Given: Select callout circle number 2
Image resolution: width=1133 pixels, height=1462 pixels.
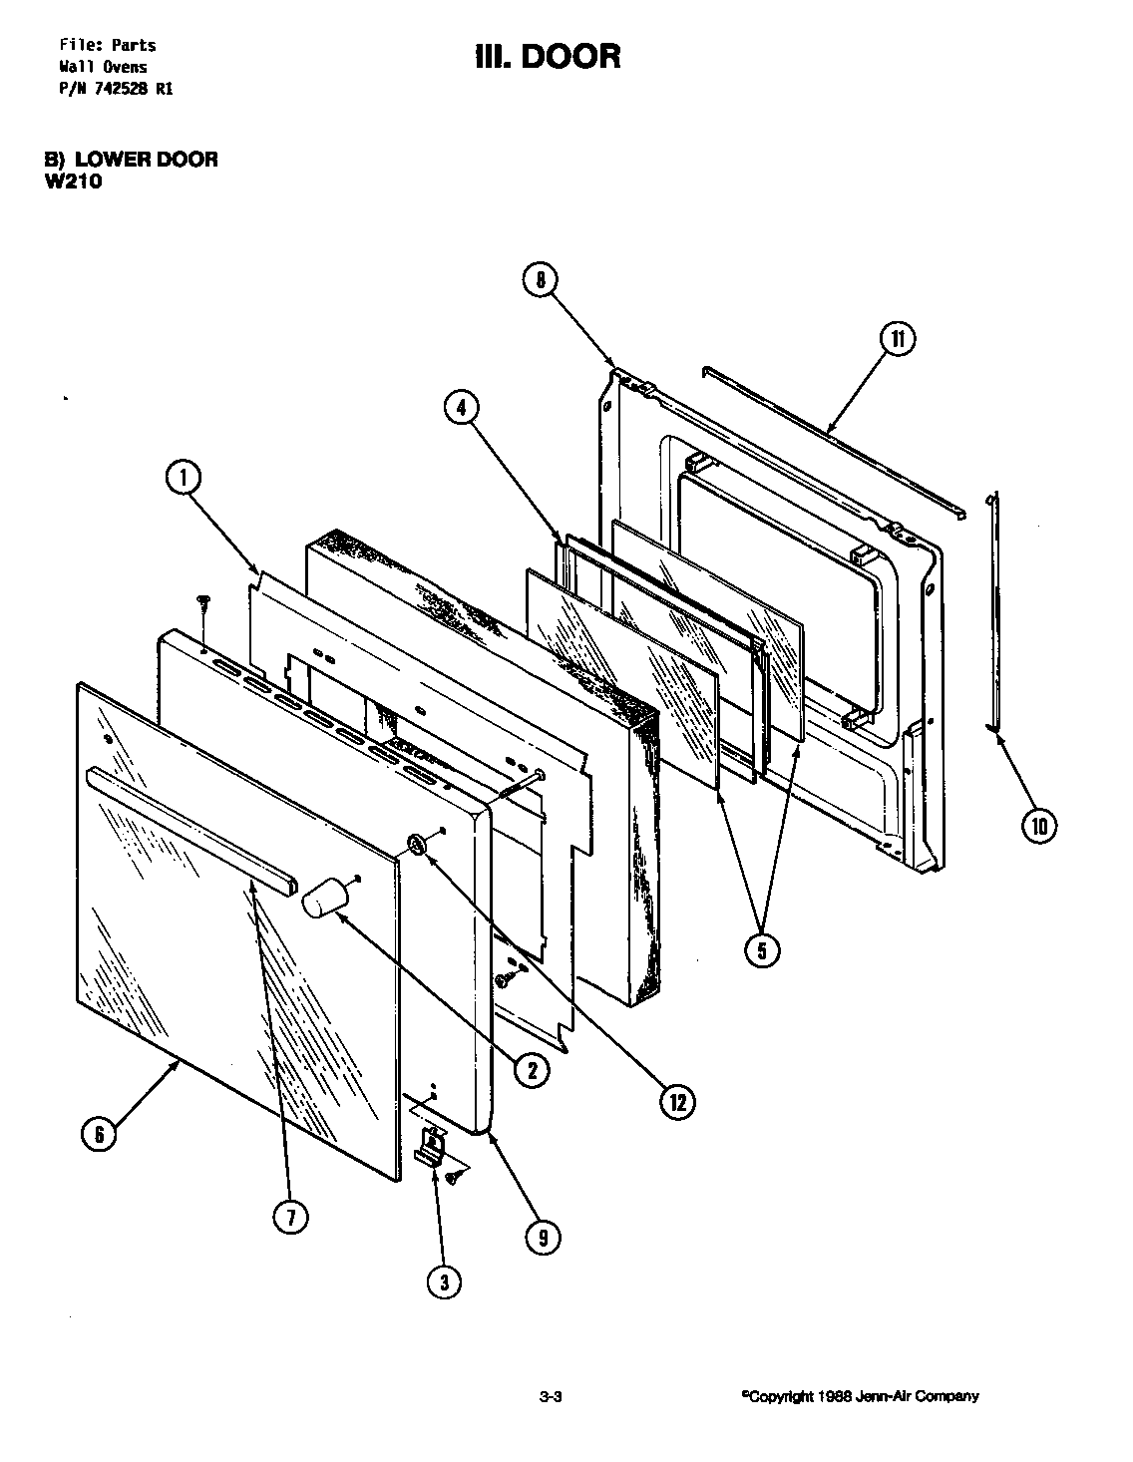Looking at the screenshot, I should coord(531,1070).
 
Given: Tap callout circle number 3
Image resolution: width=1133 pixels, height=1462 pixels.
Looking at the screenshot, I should coord(445,1281).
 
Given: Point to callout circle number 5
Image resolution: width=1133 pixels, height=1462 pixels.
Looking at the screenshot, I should coord(761,948).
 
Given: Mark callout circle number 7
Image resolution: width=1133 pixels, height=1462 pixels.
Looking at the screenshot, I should coord(290,1218).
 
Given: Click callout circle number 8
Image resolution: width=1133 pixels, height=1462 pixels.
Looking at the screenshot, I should coord(541,281).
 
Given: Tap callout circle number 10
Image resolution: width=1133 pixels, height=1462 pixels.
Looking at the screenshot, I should coord(1039,825).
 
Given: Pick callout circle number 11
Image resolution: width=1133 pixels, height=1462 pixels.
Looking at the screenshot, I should coord(897,339).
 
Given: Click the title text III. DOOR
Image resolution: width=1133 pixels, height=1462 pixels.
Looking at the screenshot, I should coord(548,56).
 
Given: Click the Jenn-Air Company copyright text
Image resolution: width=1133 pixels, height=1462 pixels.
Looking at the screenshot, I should coord(860,1396).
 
